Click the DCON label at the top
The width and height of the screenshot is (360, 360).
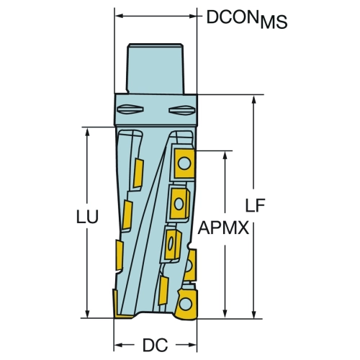click(x=230, y=17)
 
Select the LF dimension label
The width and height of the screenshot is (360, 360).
click(x=256, y=205)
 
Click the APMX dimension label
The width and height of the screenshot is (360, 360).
click(x=223, y=228)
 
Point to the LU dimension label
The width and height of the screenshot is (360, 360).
click(x=87, y=217)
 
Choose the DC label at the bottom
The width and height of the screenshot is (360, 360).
click(x=156, y=345)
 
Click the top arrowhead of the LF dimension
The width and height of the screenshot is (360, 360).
click(x=254, y=100)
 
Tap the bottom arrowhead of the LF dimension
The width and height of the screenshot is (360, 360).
click(x=254, y=314)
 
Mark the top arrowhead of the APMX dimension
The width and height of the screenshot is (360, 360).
click(x=225, y=156)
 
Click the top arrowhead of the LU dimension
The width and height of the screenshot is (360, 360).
click(x=87, y=132)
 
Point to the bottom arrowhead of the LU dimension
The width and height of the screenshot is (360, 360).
click(x=87, y=313)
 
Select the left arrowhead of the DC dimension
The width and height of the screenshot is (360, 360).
click(x=119, y=345)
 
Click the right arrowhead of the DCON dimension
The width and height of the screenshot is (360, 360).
click(x=192, y=16)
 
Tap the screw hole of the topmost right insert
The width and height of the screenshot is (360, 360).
click(x=184, y=163)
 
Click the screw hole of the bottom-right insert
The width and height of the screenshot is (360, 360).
click(x=186, y=305)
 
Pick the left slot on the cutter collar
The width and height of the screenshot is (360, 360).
click(x=130, y=109)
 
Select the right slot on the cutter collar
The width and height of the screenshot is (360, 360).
click(x=182, y=109)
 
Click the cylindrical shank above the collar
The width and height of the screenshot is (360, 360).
click(x=156, y=69)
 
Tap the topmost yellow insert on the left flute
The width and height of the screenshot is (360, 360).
click(x=138, y=173)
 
